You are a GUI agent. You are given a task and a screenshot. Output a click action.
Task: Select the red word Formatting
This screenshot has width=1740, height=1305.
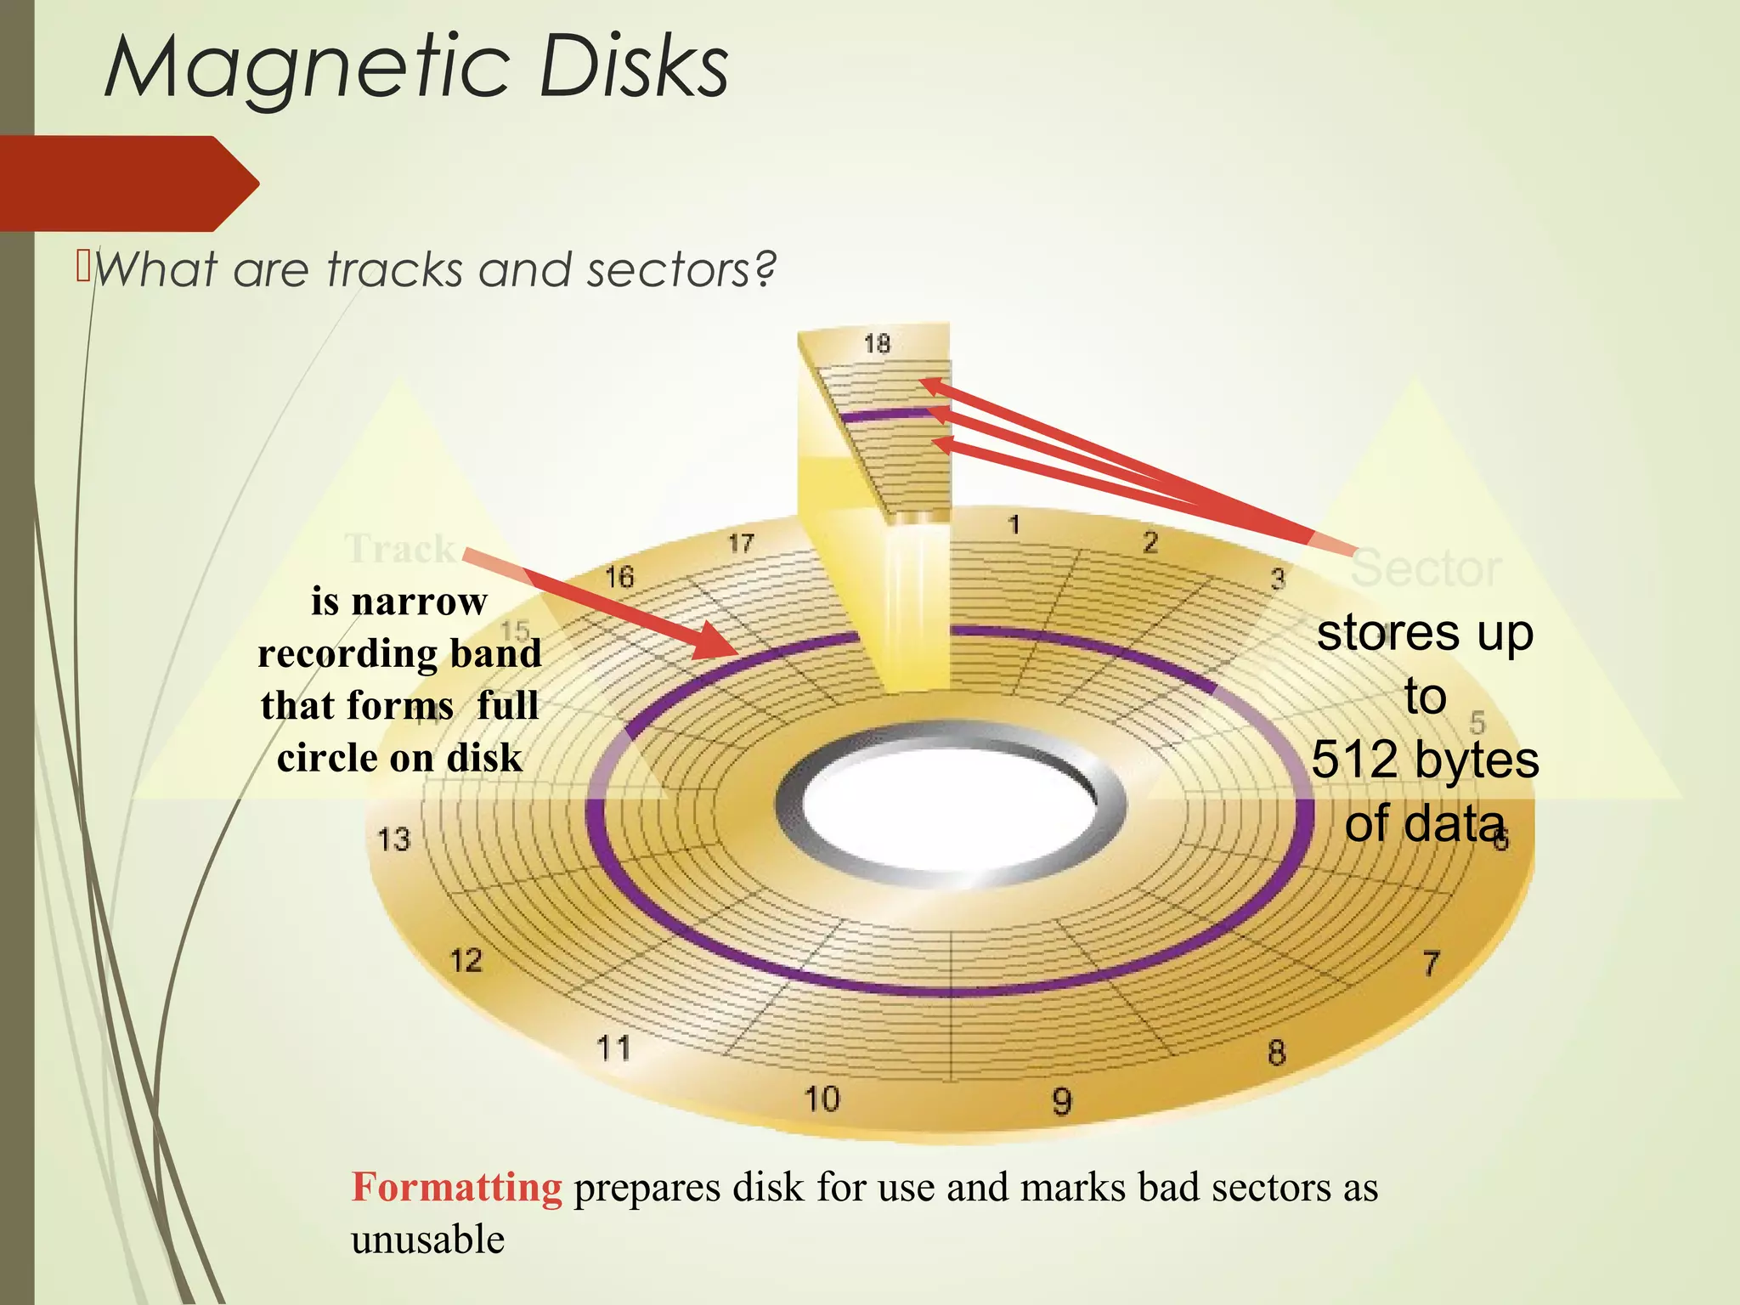click(x=456, y=1187)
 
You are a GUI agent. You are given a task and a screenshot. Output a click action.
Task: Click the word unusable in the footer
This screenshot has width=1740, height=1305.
click(x=427, y=1240)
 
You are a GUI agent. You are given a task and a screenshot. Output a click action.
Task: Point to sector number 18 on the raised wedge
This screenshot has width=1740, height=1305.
click(x=877, y=343)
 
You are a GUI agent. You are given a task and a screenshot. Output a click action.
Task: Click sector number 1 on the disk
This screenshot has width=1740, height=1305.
click(x=1014, y=525)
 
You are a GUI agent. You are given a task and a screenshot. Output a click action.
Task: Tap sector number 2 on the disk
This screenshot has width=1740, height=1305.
click(x=1150, y=542)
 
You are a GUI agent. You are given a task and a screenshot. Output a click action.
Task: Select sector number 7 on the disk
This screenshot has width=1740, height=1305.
click(x=1432, y=963)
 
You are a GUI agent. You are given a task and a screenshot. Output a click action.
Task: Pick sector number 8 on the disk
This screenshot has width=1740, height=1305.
click(x=1276, y=1054)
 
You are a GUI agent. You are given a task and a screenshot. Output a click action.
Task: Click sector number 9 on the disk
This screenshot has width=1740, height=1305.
click(x=1062, y=1102)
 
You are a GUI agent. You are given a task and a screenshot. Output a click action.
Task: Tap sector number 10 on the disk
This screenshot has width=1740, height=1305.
click(x=822, y=1099)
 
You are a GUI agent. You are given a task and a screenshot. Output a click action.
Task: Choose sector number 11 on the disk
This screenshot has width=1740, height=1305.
click(x=613, y=1048)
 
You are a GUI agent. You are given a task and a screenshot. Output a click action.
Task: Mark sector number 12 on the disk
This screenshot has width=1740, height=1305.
click(x=466, y=961)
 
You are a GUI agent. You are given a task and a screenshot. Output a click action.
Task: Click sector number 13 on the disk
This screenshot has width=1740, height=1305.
click(x=393, y=839)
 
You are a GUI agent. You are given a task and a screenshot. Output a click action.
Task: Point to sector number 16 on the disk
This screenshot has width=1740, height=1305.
click(x=619, y=578)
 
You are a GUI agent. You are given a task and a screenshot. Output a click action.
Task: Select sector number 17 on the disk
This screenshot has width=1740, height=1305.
click(x=741, y=544)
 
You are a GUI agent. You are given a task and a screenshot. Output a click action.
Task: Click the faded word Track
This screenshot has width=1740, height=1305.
click(x=399, y=549)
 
